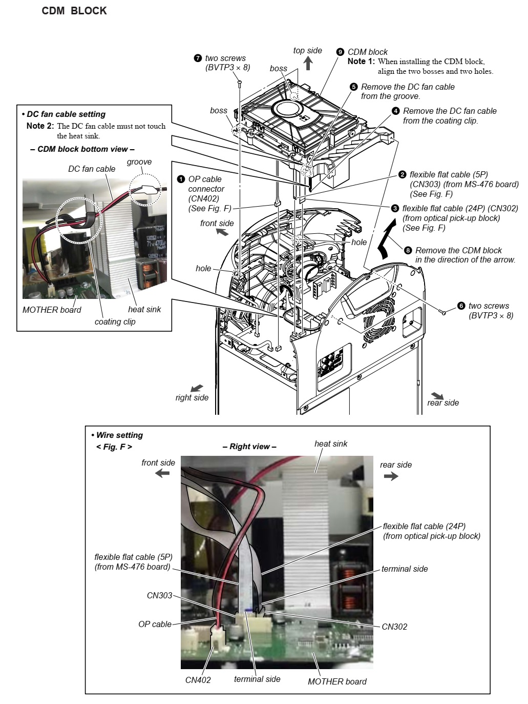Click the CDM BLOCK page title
[74, 11]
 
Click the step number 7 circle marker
[198, 58]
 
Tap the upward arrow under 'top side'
[308, 63]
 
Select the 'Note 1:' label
[361, 62]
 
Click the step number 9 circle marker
[341, 52]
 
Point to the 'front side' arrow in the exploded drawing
[222, 232]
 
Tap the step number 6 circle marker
[461, 306]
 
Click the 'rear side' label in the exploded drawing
[443, 403]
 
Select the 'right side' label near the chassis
[192, 398]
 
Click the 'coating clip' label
[115, 322]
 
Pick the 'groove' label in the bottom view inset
[139, 162]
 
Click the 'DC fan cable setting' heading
[66, 114]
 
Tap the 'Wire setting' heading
[119, 435]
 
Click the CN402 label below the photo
[198, 680]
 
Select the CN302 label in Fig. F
[394, 627]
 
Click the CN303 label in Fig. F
[159, 596]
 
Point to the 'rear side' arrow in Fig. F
[391, 476]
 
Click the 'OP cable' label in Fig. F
[155, 625]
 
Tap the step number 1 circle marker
[181, 179]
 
